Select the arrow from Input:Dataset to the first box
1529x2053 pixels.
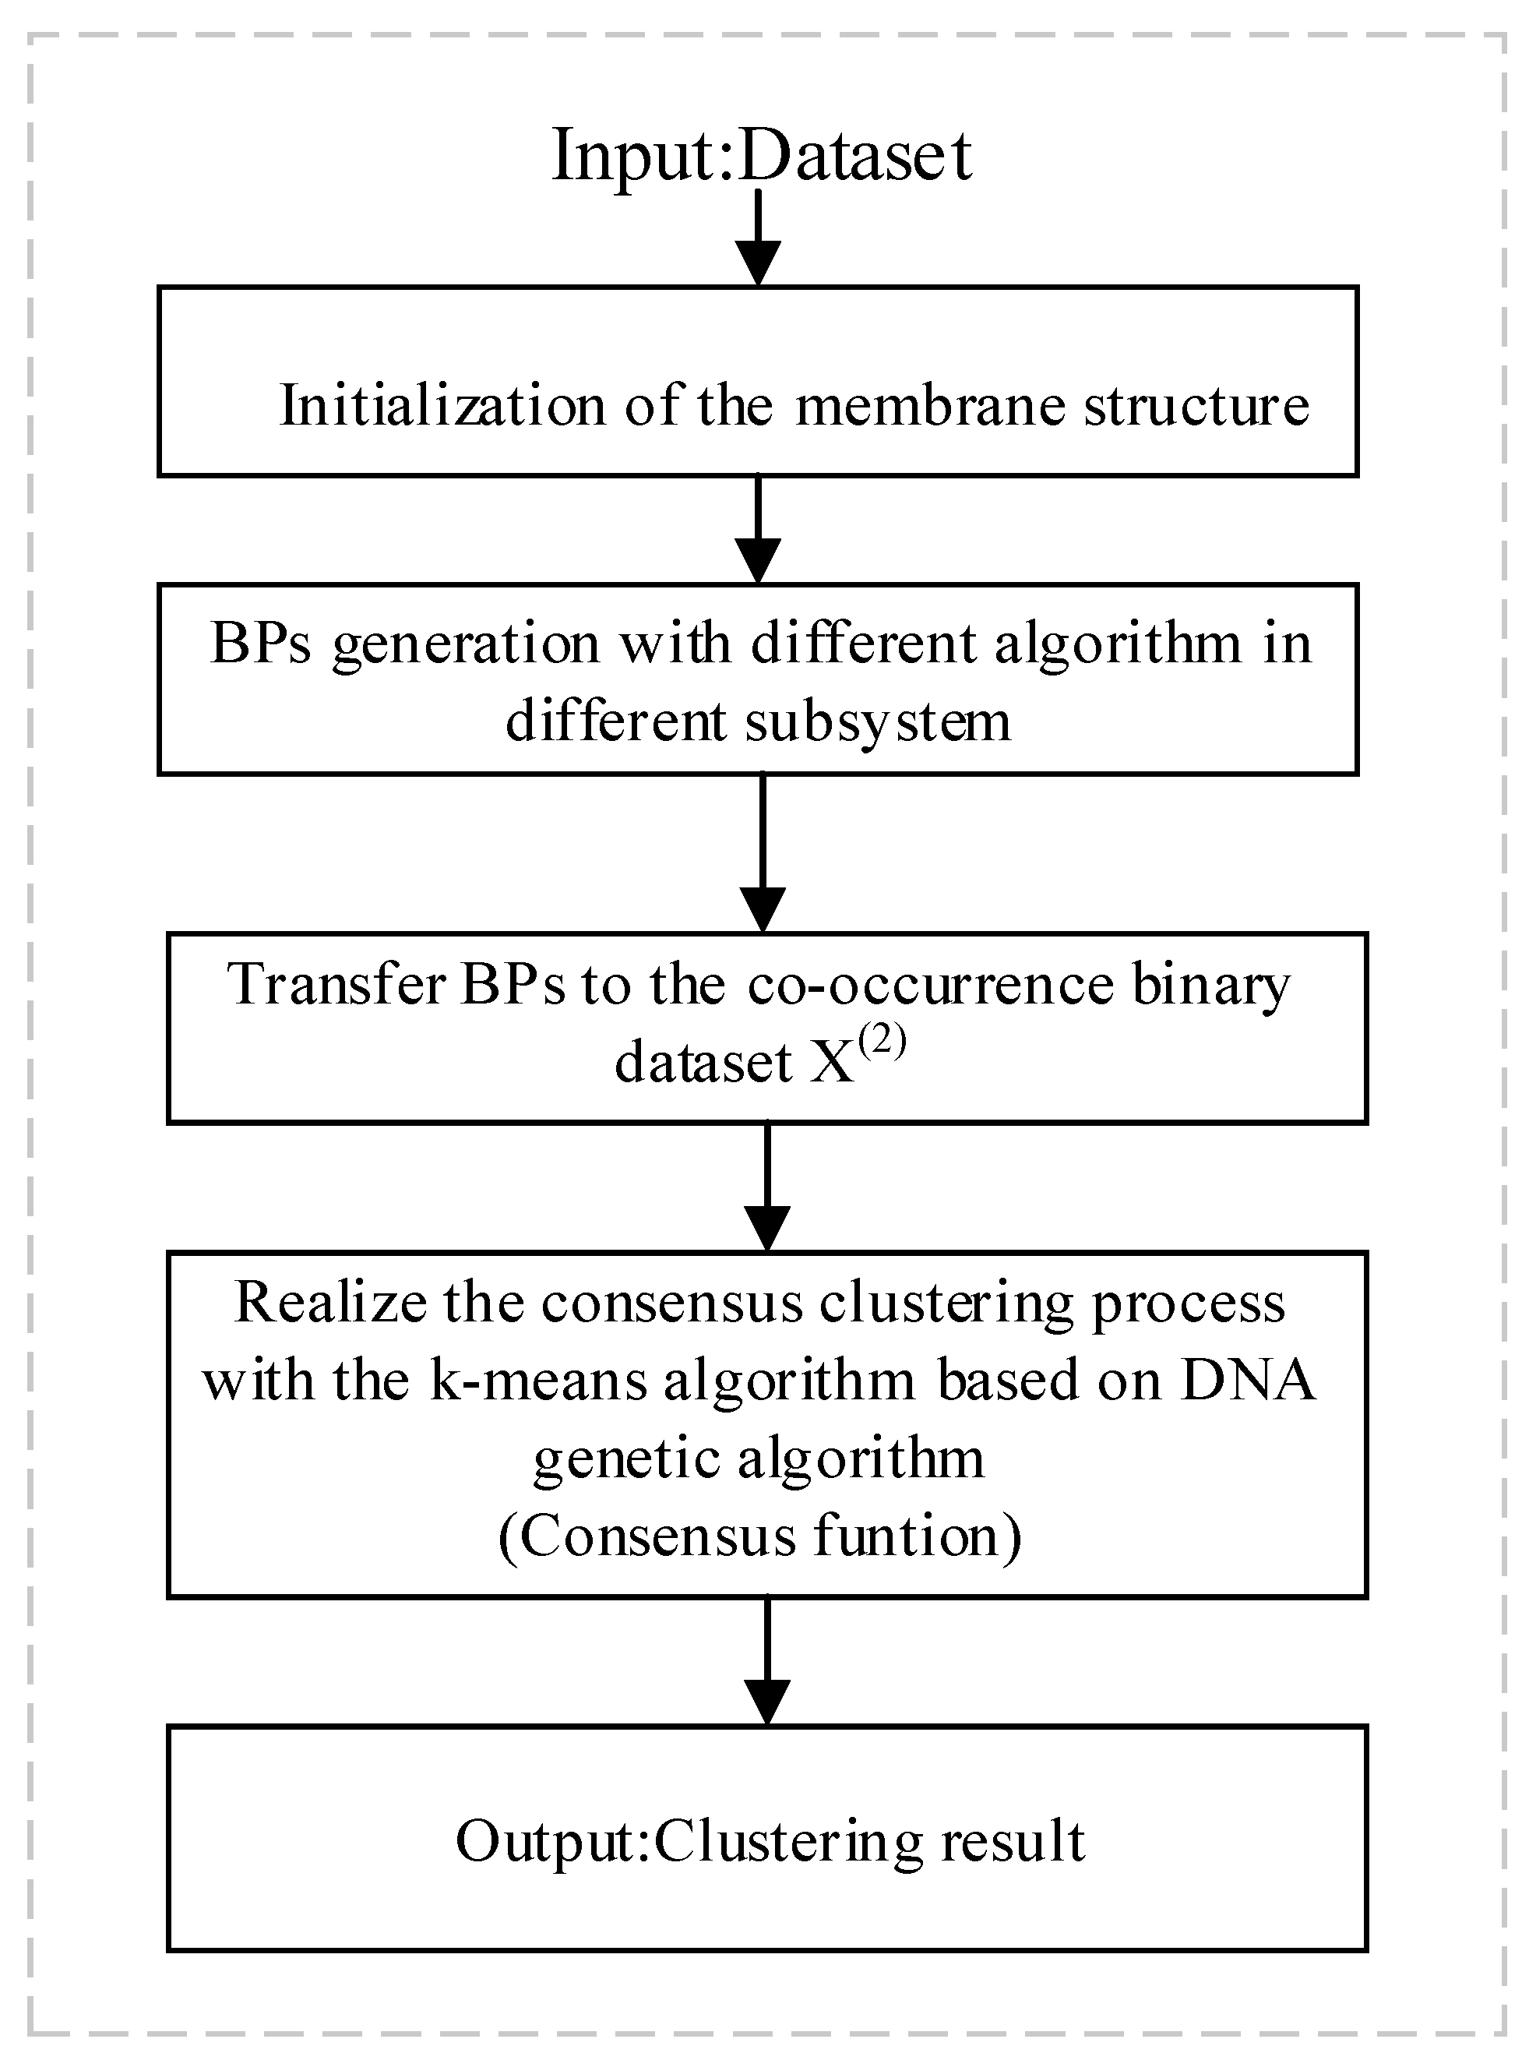pos(758,239)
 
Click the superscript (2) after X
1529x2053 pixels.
pos(881,1044)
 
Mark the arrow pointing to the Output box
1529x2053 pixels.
pos(767,1660)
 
